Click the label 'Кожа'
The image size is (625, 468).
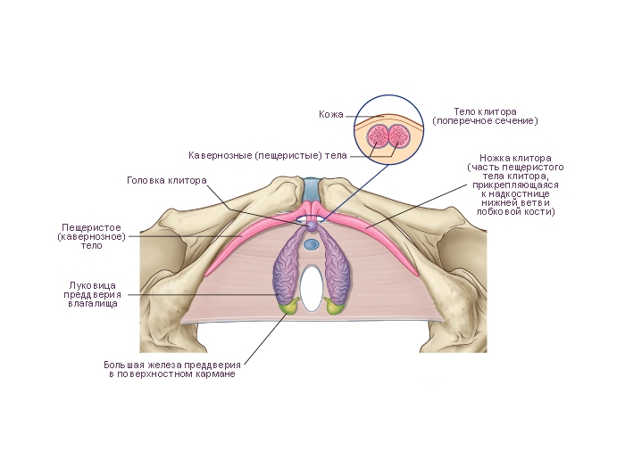[331, 114]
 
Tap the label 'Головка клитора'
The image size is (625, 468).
[167, 179]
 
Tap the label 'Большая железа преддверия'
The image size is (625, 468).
[171, 368]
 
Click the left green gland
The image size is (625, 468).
[289, 307]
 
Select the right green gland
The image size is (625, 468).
[335, 307]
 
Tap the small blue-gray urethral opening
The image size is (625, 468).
[312, 243]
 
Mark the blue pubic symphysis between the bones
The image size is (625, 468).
[312, 189]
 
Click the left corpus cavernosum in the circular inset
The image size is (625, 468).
[379, 137]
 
